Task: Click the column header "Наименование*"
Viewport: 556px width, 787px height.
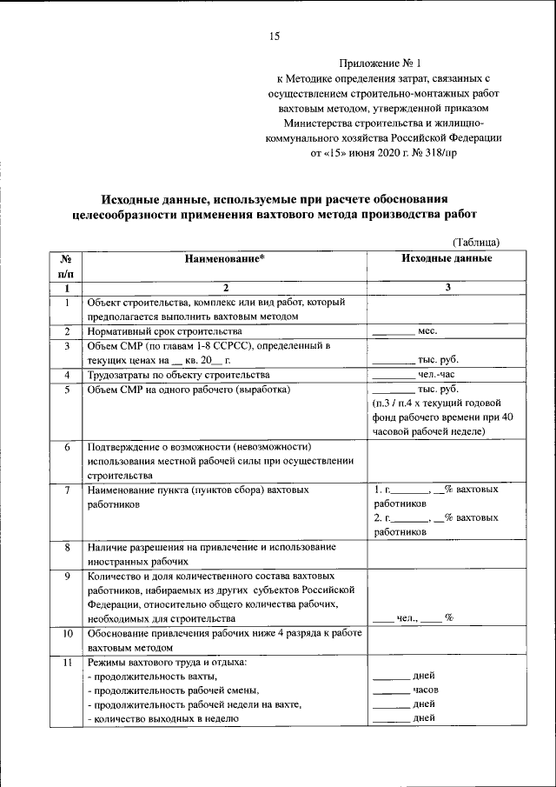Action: click(x=225, y=258)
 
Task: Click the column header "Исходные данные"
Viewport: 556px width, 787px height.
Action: click(x=447, y=258)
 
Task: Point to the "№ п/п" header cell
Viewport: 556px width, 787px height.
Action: click(x=66, y=265)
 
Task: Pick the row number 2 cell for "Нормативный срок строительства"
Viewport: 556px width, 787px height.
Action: click(x=66, y=331)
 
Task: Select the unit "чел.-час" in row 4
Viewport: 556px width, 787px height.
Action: click(x=435, y=375)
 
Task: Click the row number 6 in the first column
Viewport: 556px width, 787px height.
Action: click(x=66, y=446)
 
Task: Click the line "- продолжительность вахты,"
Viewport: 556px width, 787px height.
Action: click(x=152, y=676)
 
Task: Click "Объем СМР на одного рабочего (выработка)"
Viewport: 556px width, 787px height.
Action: click(x=188, y=390)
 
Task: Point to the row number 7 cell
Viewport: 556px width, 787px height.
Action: click(x=66, y=490)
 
